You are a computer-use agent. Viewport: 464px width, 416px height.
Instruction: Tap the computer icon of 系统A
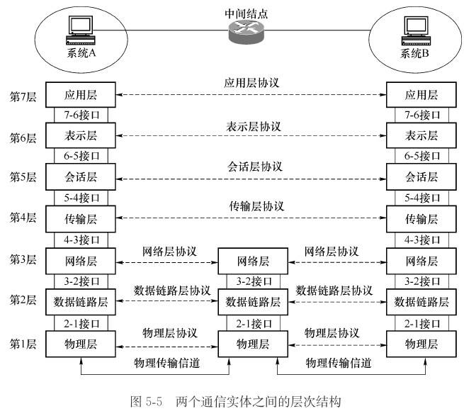pos(79,30)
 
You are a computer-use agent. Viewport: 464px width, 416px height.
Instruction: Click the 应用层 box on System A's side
pos(80,94)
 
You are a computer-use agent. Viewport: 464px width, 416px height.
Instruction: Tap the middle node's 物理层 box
pos(254,344)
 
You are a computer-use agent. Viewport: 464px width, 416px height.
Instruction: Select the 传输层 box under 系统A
pos(80,217)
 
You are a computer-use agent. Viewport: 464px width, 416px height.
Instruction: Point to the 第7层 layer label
pos(23,94)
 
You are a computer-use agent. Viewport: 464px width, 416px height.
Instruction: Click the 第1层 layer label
pos(23,344)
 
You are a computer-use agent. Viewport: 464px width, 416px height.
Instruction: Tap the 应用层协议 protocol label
pos(252,83)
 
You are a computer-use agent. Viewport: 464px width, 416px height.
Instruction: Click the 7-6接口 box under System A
pos(80,114)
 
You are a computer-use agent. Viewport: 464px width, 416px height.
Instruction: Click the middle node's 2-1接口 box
pos(254,323)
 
